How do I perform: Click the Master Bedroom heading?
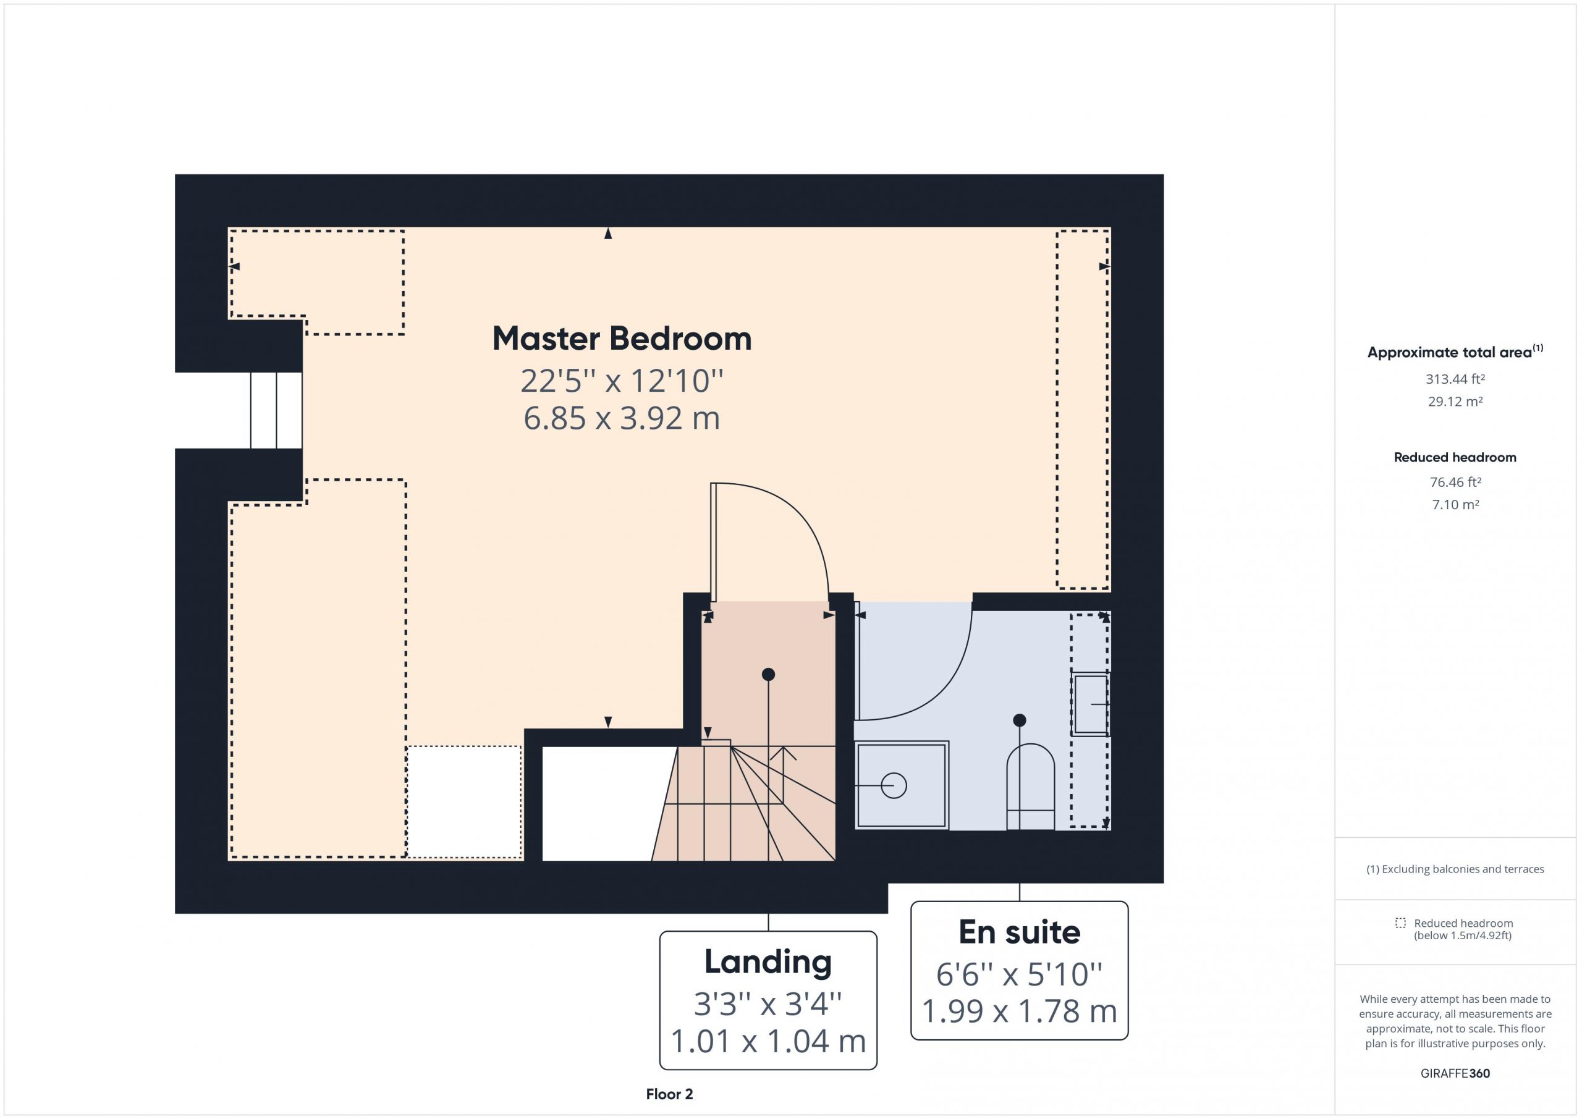[x=622, y=339]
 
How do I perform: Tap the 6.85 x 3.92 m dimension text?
[x=622, y=418]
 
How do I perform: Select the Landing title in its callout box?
[x=768, y=963]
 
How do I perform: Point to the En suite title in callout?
[x=1019, y=932]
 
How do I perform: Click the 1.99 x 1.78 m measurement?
[x=1019, y=1011]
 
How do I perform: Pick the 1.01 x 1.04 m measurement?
[x=768, y=1041]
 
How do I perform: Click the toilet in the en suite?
[x=1030, y=787]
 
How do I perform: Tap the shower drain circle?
[x=894, y=785]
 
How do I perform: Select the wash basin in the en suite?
[x=1091, y=704]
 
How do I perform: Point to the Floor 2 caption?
[x=669, y=1094]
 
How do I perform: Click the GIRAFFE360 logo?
[x=1455, y=1073]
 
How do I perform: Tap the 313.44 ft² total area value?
[x=1455, y=379]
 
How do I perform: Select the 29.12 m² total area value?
[x=1455, y=402]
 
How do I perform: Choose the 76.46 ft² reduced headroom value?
[x=1455, y=483]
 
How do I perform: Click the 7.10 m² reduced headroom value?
[x=1455, y=505]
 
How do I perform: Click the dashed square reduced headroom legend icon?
[x=1400, y=923]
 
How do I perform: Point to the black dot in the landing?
[x=768, y=675]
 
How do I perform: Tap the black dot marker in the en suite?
[x=1020, y=720]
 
